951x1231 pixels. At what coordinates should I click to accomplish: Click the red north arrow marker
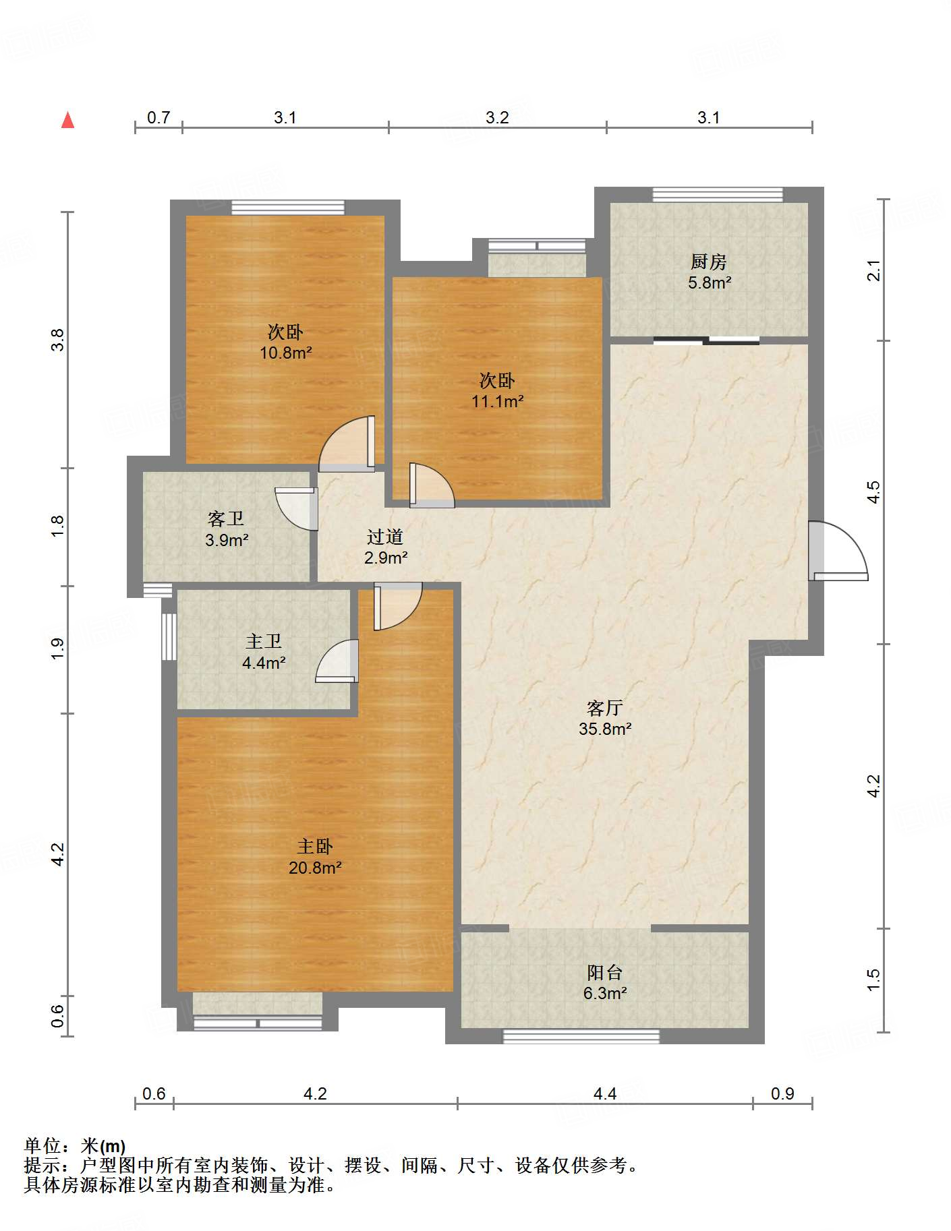[x=67, y=120]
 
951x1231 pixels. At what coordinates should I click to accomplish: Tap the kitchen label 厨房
[x=708, y=262]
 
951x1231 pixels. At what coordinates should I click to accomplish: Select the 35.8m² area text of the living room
[x=605, y=729]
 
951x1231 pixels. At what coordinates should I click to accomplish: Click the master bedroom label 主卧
[x=315, y=847]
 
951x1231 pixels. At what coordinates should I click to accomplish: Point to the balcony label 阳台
[x=604, y=972]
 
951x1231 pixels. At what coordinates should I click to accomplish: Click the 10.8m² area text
[x=286, y=353]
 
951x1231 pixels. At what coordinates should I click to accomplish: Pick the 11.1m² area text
[x=498, y=402]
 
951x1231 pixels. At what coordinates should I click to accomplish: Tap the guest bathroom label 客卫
[x=226, y=518]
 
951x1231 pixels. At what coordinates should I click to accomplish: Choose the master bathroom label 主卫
[x=264, y=641]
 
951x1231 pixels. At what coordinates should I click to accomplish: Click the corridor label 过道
[x=385, y=537]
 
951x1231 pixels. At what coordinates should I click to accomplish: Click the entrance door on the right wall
[x=838, y=551]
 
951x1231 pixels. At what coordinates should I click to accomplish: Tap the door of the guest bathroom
[x=297, y=508]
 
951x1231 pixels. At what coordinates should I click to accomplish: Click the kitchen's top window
[x=718, y=195]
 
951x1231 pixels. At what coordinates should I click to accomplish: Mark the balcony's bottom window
[x=581, y=1036]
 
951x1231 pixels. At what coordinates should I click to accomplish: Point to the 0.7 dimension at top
[x=158, y=117]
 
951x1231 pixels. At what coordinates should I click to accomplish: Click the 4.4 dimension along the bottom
[x=605, y=1093]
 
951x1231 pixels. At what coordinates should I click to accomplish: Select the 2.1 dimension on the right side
[x=873, y=270]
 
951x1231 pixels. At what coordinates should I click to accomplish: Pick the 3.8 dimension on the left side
[x=58, y=339]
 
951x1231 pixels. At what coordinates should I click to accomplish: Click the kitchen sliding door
[x=706, y=340]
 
